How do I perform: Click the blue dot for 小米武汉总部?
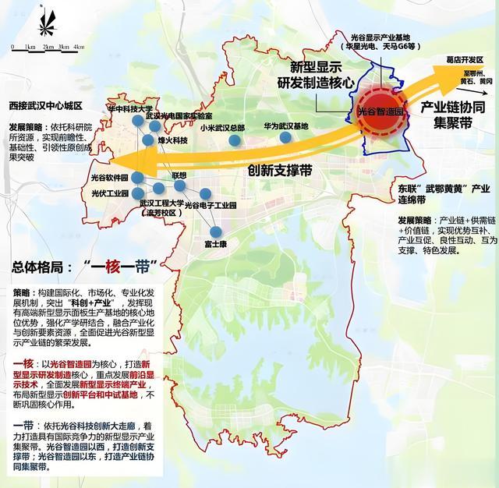(x=235, y=140)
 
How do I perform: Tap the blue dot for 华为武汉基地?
(x=286, y=137)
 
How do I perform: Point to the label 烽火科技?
(x=173, y=140)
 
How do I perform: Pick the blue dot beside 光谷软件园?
(x=138, y=177)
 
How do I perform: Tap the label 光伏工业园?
(x=110, y=193)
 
